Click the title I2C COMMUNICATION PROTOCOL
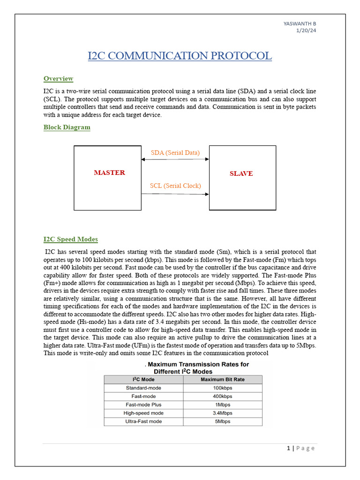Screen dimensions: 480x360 180,56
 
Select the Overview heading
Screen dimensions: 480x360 58,79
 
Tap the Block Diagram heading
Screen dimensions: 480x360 67,127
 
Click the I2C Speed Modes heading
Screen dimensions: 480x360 70,240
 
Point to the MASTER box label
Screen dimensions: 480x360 109,172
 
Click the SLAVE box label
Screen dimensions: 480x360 241,173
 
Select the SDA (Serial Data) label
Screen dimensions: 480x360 175,153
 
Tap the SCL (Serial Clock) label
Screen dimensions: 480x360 175,186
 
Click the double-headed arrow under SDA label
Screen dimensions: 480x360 175,159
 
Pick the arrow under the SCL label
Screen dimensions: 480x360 175,193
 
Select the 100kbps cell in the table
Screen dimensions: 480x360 223,388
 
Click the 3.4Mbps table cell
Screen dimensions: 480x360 223,413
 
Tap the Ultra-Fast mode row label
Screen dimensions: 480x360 143,421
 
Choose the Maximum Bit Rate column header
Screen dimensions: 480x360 223,380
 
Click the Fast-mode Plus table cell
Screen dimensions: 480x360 143,405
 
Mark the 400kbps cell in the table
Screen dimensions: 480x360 223,397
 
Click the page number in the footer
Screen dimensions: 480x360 288,448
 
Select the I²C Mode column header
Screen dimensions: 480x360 143,380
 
